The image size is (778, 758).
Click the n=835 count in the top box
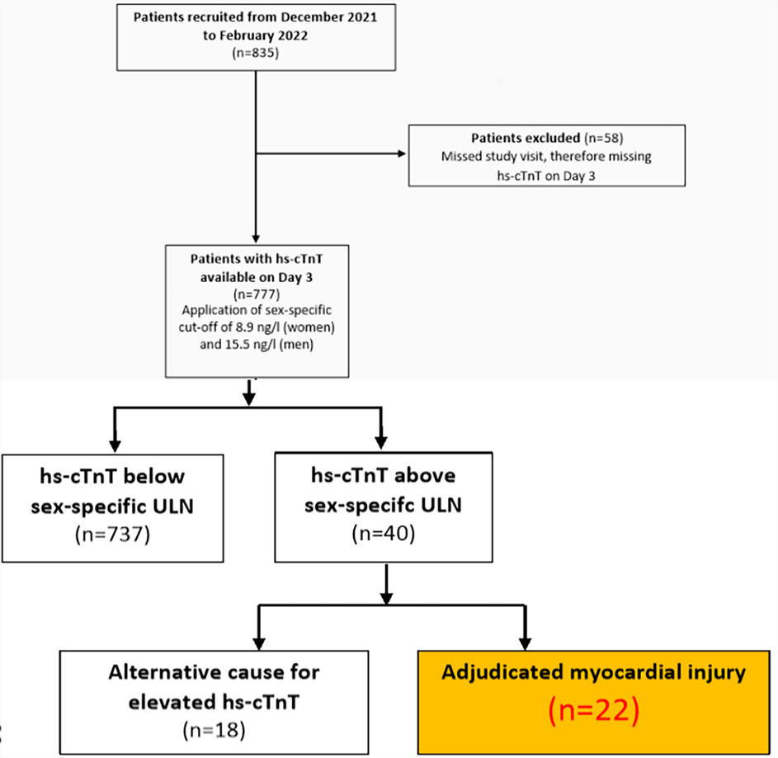256,53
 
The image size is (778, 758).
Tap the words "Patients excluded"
526,138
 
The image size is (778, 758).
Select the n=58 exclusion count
603,138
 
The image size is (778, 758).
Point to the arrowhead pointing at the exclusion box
402,153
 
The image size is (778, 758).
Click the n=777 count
257,294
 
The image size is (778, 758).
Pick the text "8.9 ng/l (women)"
285,327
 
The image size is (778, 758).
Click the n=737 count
113,534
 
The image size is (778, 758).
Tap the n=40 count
384,534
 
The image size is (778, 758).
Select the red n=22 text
594,710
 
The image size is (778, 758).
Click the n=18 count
214,730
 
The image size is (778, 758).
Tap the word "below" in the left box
153,476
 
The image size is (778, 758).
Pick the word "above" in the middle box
425,475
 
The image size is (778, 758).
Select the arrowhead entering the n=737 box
115,445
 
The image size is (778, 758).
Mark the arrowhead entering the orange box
525,643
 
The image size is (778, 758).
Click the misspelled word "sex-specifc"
359,505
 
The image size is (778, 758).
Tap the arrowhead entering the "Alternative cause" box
259,643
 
